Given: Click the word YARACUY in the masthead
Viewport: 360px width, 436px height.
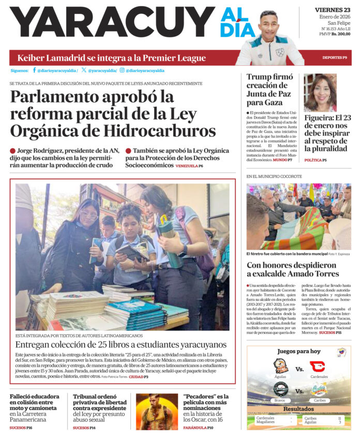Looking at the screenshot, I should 111,23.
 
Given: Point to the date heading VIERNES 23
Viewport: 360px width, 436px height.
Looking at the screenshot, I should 332,10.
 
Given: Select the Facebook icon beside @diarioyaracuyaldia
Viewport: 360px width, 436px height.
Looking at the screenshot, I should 34,70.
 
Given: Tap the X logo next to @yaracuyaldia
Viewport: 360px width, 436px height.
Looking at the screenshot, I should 84,70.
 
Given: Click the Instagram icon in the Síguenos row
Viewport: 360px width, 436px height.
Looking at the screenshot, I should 122,70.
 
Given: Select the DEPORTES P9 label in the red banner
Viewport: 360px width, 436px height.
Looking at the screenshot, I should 335,57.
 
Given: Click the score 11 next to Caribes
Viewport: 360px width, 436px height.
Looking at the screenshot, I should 339,418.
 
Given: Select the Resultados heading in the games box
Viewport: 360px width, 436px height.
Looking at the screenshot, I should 298,409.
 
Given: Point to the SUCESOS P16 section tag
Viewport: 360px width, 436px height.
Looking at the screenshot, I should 21,428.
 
